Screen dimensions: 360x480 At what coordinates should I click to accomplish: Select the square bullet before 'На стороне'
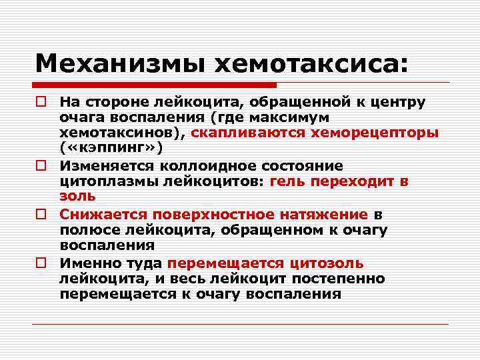[41, 102]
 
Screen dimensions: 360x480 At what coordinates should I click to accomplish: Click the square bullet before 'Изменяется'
[41, 166]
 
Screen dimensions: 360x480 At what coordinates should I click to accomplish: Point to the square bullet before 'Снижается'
[41, 215]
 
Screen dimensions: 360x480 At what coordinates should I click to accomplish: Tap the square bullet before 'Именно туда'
[41, 263]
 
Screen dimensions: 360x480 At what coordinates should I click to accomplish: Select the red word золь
[77, 197]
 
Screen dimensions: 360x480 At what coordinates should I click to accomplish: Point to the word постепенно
[342, 278]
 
